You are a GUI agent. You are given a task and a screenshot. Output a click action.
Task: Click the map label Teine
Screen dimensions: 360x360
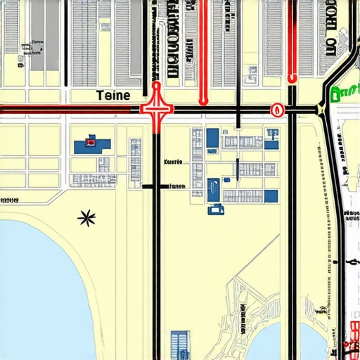pos(112,94)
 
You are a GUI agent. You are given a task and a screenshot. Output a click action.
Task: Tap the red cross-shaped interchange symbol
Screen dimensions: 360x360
pos(156,110)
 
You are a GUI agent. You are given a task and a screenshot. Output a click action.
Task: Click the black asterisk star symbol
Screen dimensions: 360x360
pos(86,219)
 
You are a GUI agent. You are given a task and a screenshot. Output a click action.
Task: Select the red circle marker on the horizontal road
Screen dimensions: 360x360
pos(276,110)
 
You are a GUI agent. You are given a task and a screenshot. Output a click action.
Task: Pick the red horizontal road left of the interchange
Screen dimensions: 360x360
pos(70,108)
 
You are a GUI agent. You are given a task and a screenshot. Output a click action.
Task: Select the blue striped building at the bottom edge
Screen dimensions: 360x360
pos(181,345)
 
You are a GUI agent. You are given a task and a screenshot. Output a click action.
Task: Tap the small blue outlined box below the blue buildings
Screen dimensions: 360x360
pos(215,209)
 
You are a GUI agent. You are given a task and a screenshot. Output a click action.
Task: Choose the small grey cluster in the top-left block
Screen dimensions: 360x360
pos(31,46)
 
